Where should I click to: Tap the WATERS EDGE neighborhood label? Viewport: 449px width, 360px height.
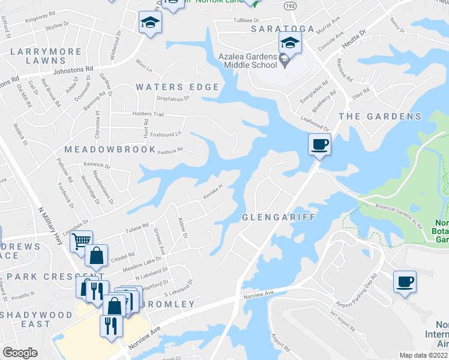[x=177, y=87]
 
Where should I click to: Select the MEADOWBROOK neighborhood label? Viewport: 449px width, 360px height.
[x=110, y=149]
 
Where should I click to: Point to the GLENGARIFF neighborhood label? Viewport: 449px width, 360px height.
[x=279, y=217]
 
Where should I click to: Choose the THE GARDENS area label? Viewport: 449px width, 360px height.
[x=380, y=116]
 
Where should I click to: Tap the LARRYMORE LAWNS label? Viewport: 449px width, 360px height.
[x=46, y=56]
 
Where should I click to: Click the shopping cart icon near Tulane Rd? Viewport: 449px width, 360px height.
[x=81, y=241]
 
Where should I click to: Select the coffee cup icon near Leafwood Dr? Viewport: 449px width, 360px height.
[x=319, y=144]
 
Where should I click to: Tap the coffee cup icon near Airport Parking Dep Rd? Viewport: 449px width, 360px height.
[x=405, y=281]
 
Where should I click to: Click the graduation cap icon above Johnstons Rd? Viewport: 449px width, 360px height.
[x=150, y=23]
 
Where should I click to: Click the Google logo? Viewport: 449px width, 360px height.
[x=20, y=353]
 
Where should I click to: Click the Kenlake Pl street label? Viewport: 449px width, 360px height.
[x=212, y=191]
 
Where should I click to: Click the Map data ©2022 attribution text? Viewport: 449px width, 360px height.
[x=424, y=355]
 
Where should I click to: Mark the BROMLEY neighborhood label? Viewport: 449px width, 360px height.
[x=169, y=304]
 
